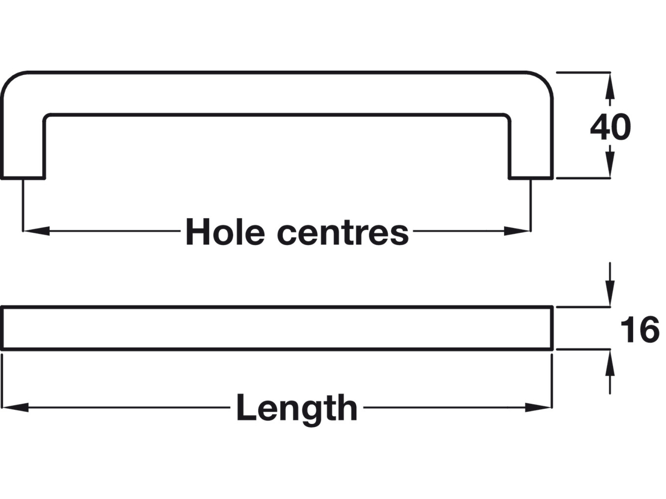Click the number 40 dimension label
[610, 128]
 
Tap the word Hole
[225, 232]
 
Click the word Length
[297, 408]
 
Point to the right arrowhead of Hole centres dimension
[518, 231]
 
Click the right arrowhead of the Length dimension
[539, 408]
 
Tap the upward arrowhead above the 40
[610, 87]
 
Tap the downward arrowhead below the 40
[610, 164]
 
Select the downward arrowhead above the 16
[610, 294]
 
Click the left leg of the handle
[23, 148]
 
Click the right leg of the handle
[531, 148]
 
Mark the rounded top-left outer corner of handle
[13, 83]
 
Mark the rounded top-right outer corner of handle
[541, 83]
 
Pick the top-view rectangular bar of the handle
[277, 328]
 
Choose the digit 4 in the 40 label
[600, 128]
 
